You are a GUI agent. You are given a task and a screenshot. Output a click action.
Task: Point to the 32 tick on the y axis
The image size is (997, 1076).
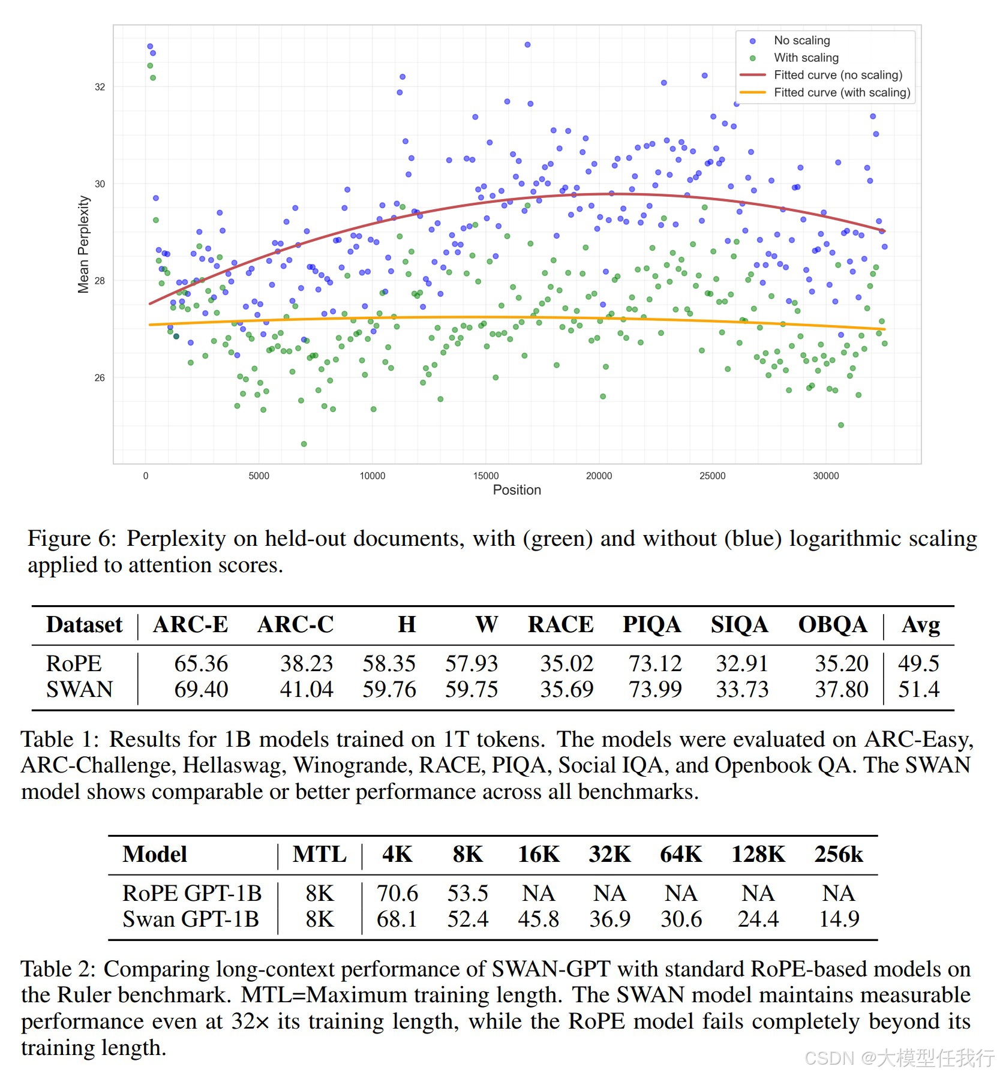pyautogui.click(x=100, y=87)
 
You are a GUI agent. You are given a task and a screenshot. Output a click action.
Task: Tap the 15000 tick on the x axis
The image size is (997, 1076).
pyautogui.click(x=486, y=476)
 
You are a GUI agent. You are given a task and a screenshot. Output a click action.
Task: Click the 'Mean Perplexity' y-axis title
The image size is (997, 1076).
pyautogui.click(x=83, y=244)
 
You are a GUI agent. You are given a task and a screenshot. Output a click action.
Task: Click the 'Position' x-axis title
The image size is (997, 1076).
pyautogui.click(x=517, y=490)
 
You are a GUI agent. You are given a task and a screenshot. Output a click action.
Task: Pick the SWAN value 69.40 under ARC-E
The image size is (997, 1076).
pyautogui.click(x=201, y=689)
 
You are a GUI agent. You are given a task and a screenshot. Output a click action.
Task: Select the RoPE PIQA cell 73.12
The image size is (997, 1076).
pyautogui.click(x=655, y=663)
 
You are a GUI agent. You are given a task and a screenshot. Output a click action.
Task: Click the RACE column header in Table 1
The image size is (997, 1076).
pyautogui.click(x=561, y=624)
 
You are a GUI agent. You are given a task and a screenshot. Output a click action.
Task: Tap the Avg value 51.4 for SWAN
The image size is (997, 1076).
pyautogui.click(x=918, y=689)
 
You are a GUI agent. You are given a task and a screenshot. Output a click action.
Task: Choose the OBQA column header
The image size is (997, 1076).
pyautogui.click(x=833, y=624)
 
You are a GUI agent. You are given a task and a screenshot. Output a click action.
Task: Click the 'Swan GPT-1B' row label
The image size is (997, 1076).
pyautogui.click(x=191, y=919)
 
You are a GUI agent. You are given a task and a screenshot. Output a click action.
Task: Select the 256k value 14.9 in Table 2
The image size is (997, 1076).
pyautogui.click(x=839, y=919)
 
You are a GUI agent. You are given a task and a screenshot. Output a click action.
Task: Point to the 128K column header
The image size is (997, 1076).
pyautogui.click(x=758, y=854)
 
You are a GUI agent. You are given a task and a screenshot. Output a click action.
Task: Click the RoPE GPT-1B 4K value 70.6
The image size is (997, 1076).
pyautogui.click(x=397, y=893)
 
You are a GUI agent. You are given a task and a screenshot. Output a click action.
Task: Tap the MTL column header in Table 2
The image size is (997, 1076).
pyautogui.click(x=320, y=854)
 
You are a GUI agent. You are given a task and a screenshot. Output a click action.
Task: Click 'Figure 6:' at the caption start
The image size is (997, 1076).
pyautogui.click(x=71, y=538)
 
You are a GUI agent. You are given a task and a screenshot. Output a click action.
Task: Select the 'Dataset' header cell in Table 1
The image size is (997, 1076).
pyautogui.click(x=84, y=624)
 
